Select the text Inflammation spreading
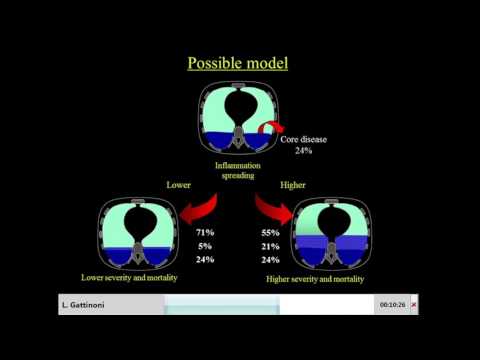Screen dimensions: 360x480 [x=239, y=169]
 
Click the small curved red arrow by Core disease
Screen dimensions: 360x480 [x=270, y=128]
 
